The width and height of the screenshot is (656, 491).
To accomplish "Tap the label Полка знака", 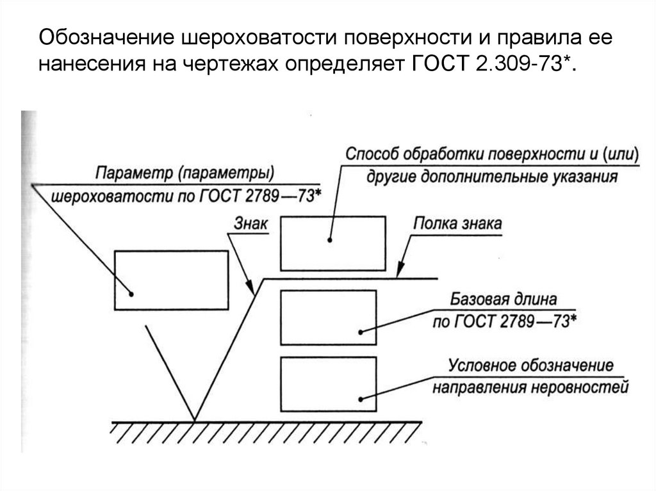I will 457,224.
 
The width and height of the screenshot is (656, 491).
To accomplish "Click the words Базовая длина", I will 504,300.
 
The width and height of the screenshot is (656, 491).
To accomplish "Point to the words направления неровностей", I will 529,388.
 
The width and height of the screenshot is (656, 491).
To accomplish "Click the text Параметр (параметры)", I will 185,173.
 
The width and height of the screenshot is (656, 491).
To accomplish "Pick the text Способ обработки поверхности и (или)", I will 491,155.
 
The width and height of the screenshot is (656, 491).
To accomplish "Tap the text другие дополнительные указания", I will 491,177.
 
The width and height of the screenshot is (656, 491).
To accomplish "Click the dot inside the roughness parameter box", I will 132,294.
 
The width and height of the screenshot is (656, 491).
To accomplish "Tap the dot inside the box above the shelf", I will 330,241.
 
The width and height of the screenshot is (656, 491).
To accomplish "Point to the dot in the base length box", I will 361,332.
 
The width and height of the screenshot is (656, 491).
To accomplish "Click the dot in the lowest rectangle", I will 361,398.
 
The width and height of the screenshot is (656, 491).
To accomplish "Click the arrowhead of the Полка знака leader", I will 399,276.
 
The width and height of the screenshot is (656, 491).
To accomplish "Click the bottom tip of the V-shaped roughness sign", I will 195,420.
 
